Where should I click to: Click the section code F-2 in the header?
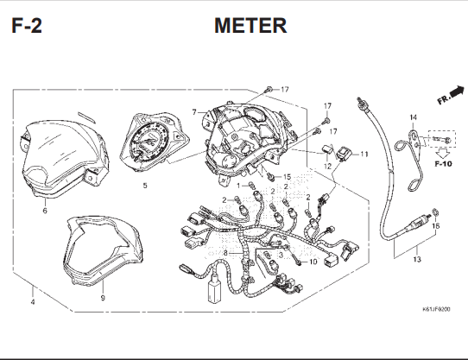click(x=27, y=25)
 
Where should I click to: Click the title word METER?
click(x=250, y=25)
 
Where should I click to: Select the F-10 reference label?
click(x=443, y=163)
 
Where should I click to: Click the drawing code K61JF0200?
click(x=436, y=309)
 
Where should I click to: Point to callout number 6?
click(x=45, y=211)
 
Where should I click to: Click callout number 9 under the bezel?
click(x=103, y=298)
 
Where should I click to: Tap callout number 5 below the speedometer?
click(x=145, y=186)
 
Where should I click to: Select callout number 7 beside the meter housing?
click(x=194, y=112)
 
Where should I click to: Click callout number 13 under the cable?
click(x=417, y=259)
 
